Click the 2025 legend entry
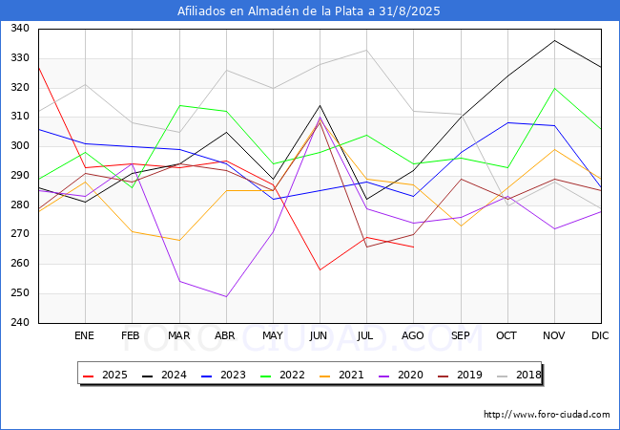pos(105,375)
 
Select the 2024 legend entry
pos(164,375)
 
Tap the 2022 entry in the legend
pos(282,375)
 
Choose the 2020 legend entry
pos(401,375)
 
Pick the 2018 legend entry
pos(519,375)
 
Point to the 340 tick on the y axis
pos(20,28)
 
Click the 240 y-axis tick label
pos(20,322)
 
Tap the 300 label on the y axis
pos(20,145)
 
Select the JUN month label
pos(319,335)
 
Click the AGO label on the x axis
pos(413,335)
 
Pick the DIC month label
pos(600,335)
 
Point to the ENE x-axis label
pos(84,335)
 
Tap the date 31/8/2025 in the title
pos(409,11)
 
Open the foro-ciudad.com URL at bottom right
pos(547,414)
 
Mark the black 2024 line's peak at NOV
pos(554,40)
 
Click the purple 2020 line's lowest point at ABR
pos(226,296)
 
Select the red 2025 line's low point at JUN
pos(320,270)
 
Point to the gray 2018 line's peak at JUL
pos(366,50)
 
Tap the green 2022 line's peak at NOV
pos(554,88)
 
